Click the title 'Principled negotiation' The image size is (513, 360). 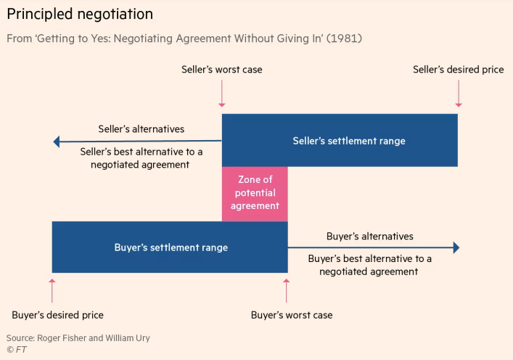point(80,15)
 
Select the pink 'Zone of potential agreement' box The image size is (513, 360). point(255,194)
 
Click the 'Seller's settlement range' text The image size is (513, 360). point(349,141)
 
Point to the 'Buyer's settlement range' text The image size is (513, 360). point(171,247)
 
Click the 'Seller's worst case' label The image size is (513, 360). point(222,70)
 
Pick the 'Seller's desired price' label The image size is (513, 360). point(458,70)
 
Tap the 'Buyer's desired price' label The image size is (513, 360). point(57,315)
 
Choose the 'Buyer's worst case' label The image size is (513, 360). point(292,315)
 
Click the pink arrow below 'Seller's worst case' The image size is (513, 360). point(222,94)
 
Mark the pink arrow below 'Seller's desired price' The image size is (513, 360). point(459,94)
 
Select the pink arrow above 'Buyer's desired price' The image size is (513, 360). point(52,290)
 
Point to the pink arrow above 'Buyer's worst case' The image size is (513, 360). point(287,290)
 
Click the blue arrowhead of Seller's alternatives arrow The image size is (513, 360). point(57,142)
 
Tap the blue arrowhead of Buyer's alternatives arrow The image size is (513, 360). point(456,247)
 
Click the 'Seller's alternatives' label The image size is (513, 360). point(141,129)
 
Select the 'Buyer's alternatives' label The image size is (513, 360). point(370,237)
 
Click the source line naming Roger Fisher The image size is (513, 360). point(78,337)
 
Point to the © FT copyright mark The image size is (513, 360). point(17,350)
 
